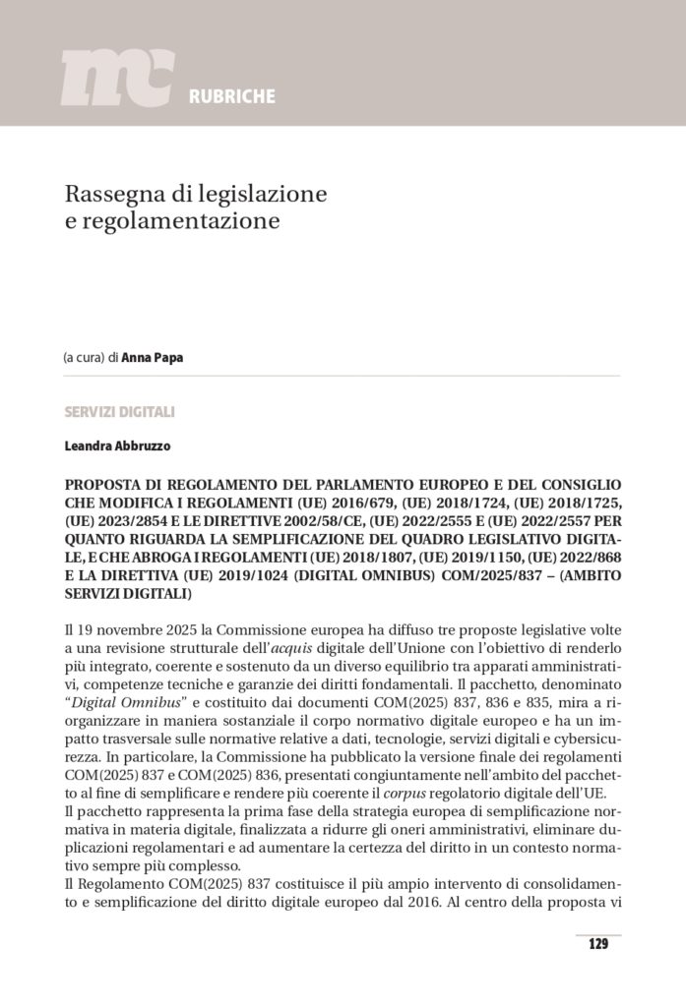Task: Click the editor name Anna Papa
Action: click(x=153, y=358)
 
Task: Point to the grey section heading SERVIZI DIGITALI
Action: click(x=120, y=411)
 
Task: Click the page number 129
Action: click(x=597, y=944)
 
